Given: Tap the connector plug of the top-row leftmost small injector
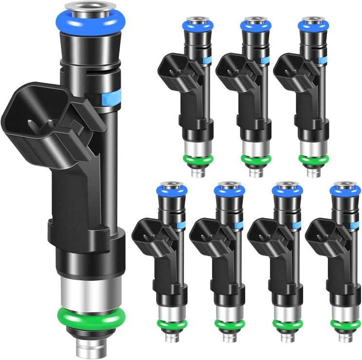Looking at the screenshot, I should (170, 71).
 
